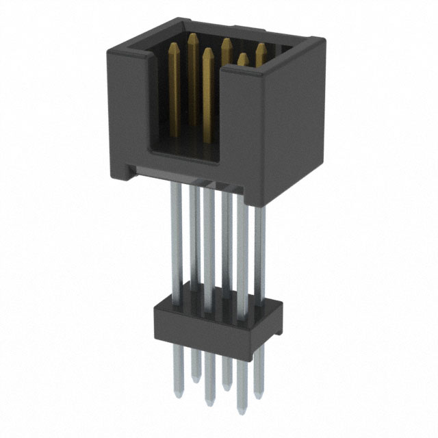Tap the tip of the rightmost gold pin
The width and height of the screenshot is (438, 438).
click(x=261, y=47)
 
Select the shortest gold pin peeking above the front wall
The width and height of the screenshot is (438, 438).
click(x=242, y=59)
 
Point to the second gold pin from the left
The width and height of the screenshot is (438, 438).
click(x=192, y=37)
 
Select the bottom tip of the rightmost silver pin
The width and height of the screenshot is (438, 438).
click(x=258, y=395)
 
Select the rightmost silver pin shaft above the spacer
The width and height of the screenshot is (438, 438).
click(x=259, y=253)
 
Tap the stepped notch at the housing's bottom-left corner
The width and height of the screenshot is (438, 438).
click(x=129, y=168)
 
